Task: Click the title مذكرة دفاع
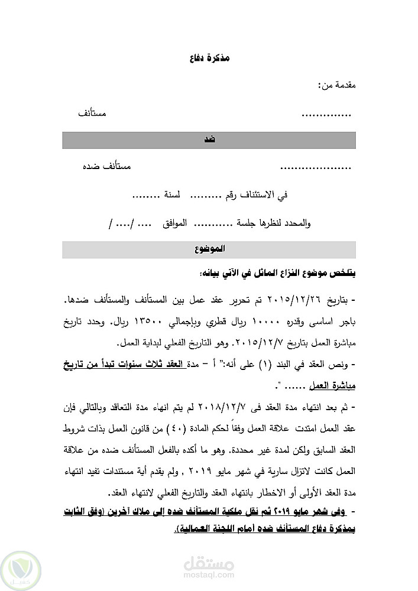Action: (209, 60)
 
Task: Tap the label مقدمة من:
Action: (336, 87)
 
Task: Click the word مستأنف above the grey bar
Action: (93, 113)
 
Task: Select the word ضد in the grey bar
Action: (209, 140)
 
